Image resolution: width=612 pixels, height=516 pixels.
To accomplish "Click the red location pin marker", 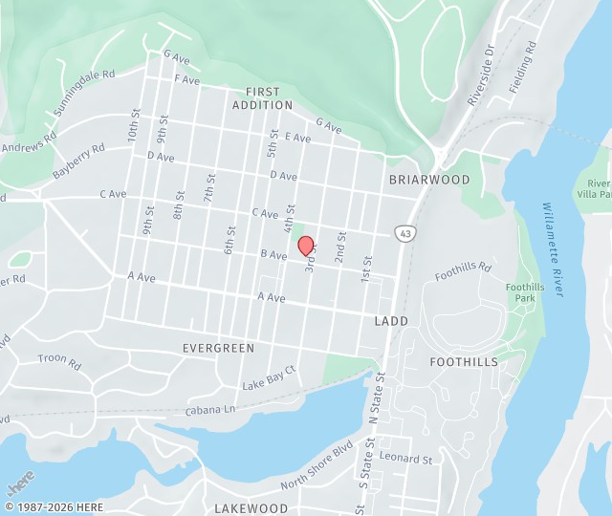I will pos(307,246).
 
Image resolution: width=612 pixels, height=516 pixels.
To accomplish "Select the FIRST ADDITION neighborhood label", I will pos(262,98).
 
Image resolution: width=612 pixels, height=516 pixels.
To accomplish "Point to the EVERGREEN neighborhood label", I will pos(219,349).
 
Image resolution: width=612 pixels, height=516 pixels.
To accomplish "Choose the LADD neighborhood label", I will pos(391,321).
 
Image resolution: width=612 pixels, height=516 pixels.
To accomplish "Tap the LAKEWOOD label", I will pos(251,508).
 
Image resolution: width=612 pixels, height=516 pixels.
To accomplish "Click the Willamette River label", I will pos(554,248).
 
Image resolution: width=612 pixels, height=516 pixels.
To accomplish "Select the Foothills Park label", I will pos(525,292).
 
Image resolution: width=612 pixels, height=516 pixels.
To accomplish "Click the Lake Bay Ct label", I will pos(270,378).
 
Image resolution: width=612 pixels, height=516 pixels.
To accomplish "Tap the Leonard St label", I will pos(405,460).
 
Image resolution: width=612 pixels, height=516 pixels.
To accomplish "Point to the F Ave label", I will pos(186,80).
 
